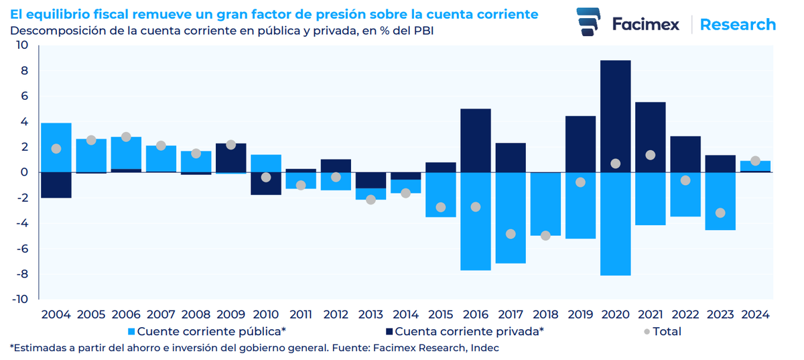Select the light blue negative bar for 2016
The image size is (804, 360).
(476, 221)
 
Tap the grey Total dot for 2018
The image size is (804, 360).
(545, 235)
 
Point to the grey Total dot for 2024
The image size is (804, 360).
(755, 161)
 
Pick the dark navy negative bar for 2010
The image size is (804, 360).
(266, 184)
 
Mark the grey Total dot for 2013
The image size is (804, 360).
(371, 199)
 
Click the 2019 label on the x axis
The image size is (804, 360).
(580, 314)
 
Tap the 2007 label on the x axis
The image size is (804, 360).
(161, 314)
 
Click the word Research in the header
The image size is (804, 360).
(738, 25)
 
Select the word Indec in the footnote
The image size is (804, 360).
(485, 348)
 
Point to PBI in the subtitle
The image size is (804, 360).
(422, 30)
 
